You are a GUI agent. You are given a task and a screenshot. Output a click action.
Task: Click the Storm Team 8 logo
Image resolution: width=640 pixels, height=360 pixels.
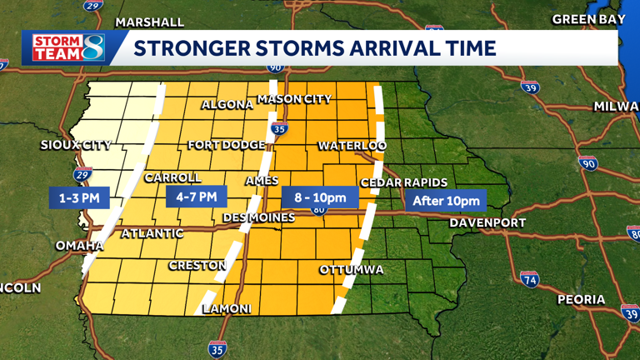68,47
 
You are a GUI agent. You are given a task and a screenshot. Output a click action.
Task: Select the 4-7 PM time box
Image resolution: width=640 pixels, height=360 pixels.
197,197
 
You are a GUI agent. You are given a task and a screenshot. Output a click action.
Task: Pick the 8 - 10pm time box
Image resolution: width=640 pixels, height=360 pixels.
320,197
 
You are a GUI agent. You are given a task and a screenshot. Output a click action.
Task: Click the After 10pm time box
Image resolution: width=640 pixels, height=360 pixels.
447,201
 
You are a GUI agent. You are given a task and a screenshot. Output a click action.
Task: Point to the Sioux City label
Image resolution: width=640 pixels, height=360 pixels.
76,145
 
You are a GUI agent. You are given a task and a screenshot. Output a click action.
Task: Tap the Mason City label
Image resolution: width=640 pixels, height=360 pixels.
294,99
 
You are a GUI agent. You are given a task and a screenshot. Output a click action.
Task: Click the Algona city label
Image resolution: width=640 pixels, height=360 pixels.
227,105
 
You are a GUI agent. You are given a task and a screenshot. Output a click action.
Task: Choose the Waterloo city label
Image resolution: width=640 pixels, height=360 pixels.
352,146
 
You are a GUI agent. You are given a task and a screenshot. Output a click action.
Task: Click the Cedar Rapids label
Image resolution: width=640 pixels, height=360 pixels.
404,182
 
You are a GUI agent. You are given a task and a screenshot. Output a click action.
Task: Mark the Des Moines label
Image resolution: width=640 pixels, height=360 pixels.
259,217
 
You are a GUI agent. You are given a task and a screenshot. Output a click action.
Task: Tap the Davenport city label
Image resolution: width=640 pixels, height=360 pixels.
487,222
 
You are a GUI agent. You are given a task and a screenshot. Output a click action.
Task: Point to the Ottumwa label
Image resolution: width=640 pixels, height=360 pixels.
352,270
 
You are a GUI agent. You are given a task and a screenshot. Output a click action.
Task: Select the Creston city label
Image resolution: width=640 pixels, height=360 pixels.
197,266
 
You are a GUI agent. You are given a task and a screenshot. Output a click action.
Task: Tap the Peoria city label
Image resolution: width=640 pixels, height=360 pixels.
582,299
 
